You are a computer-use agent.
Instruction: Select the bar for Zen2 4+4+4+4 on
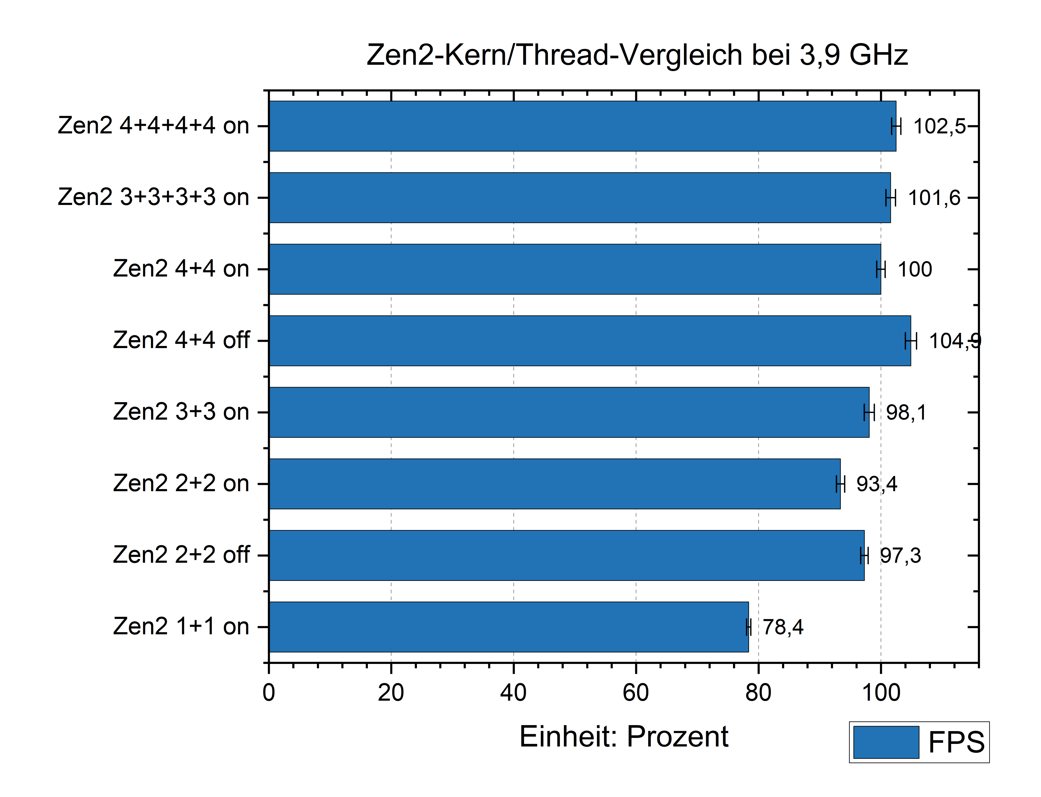coord(582,126)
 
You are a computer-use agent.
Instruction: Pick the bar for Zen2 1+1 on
coord(509,627)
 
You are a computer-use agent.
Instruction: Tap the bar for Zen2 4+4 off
coord(590,340)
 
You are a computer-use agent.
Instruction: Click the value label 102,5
coord(939,127)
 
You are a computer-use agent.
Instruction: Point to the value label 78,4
coord(783,627)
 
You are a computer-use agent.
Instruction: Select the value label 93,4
coord(876,484)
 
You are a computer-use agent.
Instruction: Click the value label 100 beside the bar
coord(915,269)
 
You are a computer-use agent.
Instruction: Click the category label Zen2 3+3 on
coord(181,412)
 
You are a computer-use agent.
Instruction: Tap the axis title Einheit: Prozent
coord(624,737)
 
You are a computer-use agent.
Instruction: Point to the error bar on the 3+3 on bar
coord(869,412)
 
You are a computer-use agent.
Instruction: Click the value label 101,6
coord(934,198)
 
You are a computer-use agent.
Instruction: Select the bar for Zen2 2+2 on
coord(554,484)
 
